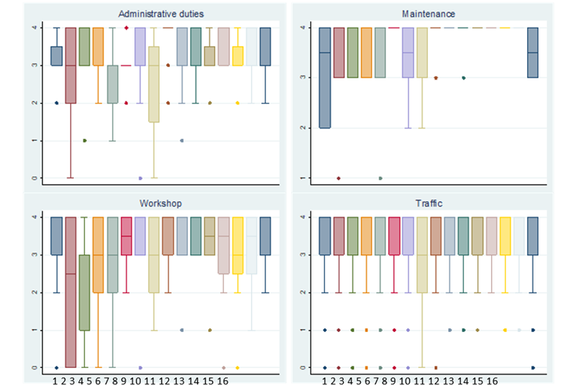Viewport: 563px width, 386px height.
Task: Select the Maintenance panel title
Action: [x=429, y=13]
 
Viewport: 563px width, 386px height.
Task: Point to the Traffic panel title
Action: [x=429, y=203]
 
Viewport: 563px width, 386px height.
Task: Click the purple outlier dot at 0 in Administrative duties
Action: [x=140, y=178]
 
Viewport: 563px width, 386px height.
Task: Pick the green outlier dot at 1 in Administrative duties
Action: [x=85, y=140]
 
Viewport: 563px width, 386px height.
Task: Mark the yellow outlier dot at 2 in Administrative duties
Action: [x=237, y=103]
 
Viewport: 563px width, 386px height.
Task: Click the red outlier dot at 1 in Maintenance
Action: [x=339, y=178]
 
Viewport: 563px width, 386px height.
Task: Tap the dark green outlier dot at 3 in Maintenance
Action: [x=464, y=78]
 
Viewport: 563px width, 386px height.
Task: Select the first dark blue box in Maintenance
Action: [x=325, y=78]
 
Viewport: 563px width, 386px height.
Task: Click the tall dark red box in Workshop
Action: [x=70, y=292]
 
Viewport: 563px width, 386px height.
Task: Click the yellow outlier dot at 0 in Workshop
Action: [x=237, y=367]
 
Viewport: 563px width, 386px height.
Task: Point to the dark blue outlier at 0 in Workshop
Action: [x=57, y=367]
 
